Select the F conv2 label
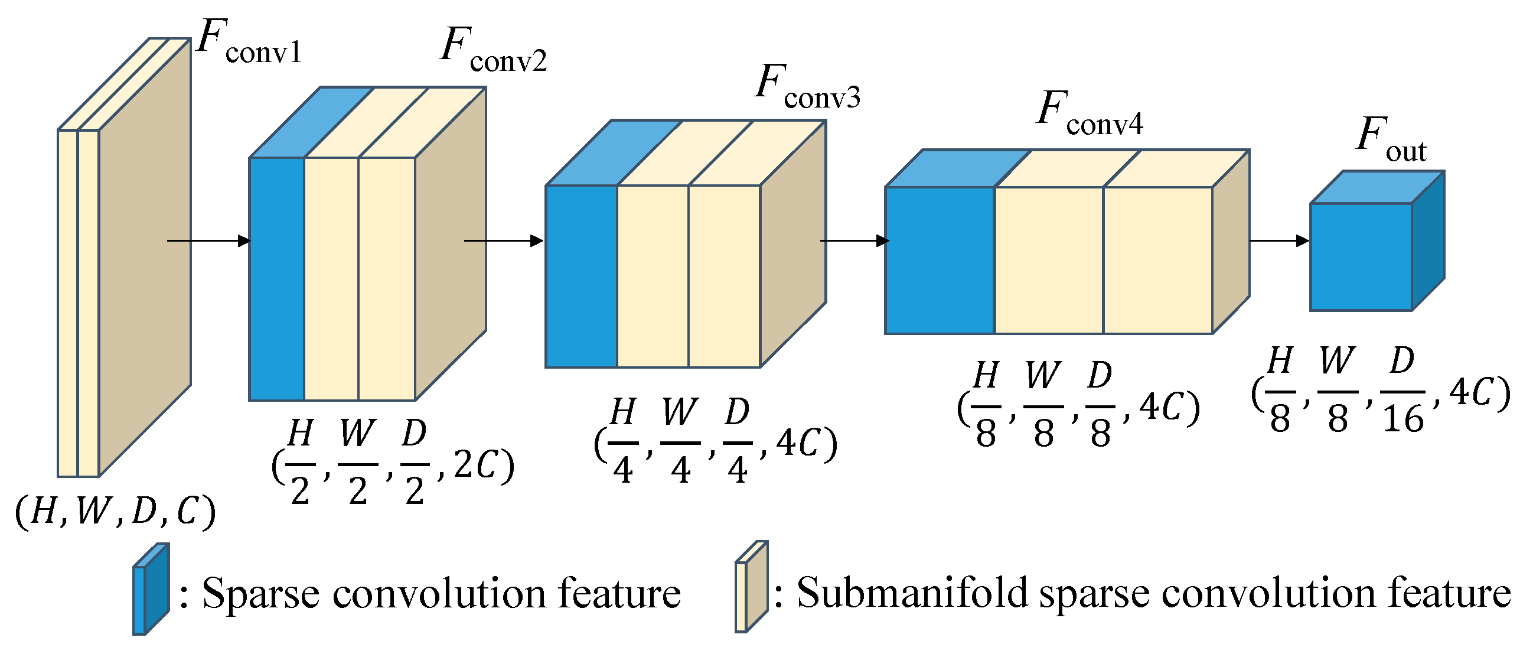(492, 51)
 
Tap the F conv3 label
(807, 88)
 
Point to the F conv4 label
(1088, 115)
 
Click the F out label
(1391, 141)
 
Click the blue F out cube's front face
(1361, 257)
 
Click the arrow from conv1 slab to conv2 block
(208, 240)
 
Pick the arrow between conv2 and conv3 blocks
(504, 240)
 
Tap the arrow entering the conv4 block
(854, 240)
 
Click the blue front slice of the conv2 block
(277, 279)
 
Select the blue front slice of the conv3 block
(581, 277)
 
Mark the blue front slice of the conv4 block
(939, 261)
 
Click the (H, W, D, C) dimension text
(115, 511)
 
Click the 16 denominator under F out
(1402, 419)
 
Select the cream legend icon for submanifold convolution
(751, 587)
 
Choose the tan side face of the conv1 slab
(145, 256)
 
